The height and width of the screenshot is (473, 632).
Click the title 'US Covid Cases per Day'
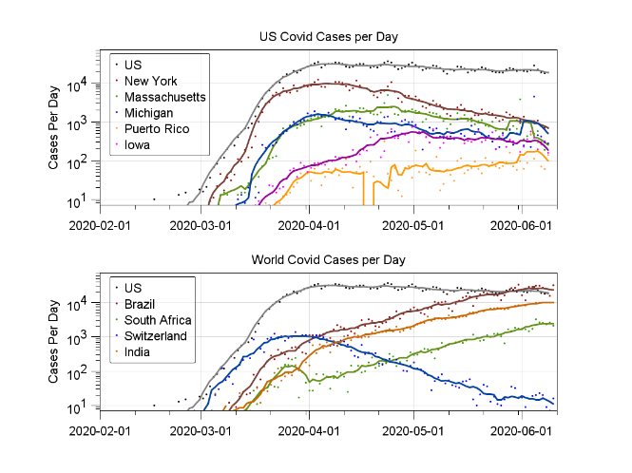[328, 37]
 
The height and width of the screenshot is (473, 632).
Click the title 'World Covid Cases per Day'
[328, 259]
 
